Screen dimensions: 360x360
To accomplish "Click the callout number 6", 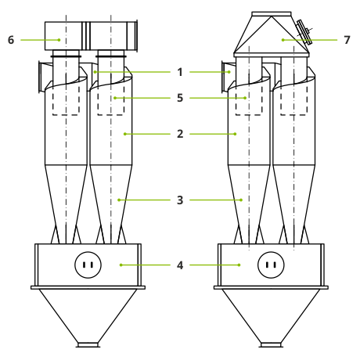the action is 11,40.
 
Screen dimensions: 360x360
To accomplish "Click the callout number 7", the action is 347,40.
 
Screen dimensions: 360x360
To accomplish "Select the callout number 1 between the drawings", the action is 180,72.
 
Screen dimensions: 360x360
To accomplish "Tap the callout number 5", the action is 180,98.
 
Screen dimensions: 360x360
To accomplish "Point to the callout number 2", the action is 180,134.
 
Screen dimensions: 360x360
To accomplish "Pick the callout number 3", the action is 180,200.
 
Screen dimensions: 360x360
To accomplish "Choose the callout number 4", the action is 180,265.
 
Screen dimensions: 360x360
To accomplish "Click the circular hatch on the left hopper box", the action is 88,265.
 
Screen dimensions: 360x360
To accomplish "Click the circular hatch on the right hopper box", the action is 271,265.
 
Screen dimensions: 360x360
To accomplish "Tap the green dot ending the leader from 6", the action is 59,40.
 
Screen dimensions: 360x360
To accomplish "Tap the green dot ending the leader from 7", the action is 283,40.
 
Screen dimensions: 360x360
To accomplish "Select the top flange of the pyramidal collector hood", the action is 272,14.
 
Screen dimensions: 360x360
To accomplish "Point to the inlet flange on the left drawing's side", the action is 40,77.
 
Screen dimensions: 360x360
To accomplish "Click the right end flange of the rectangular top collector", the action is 136,36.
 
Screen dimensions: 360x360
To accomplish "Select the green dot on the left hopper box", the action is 121,265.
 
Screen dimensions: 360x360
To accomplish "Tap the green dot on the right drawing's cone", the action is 241,200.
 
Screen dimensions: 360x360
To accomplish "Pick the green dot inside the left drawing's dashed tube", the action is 115,98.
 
